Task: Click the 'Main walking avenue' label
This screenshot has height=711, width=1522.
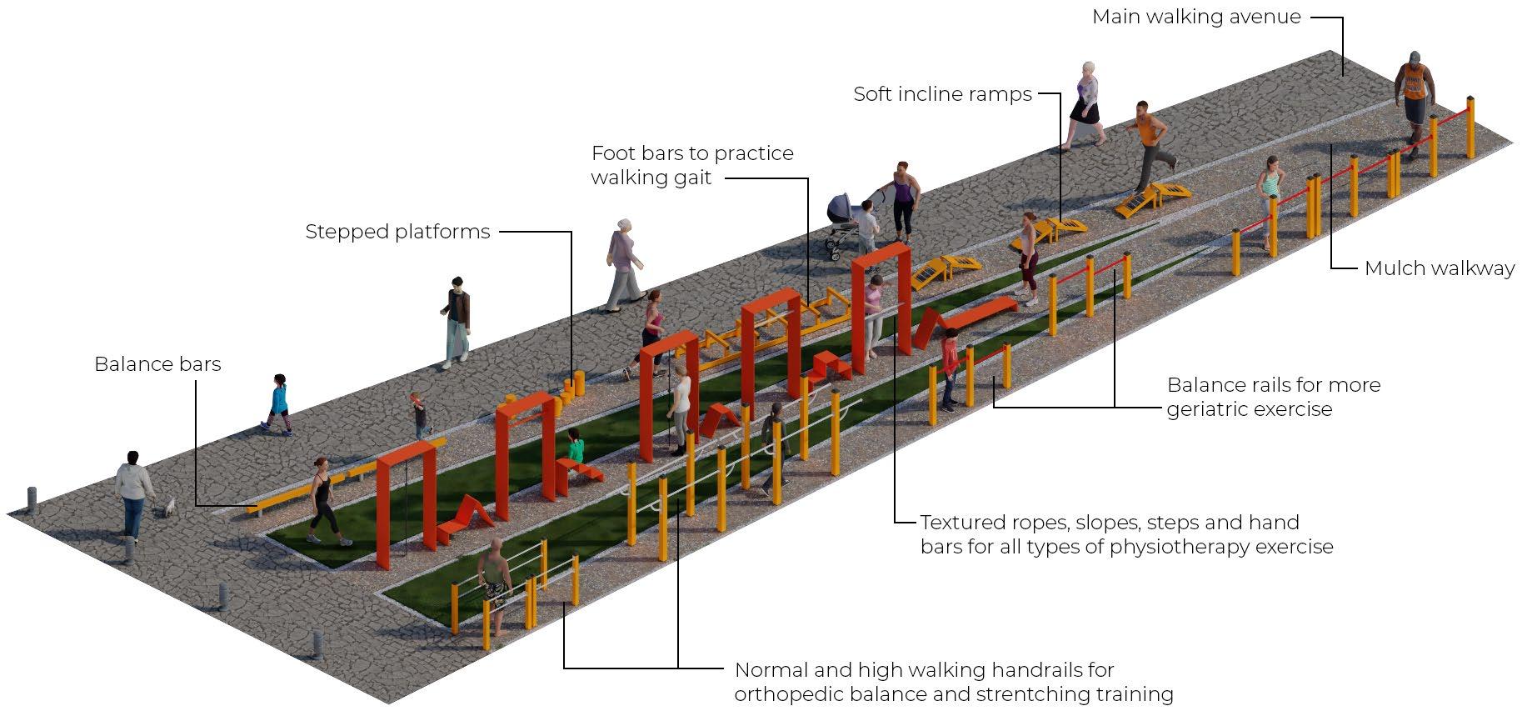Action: pyautogui.click(x=1195, y=18)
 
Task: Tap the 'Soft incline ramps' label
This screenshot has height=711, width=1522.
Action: pyautogui.click(x=942, y=94)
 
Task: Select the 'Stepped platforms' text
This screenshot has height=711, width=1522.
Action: pyautogui.click(x=397, y=232)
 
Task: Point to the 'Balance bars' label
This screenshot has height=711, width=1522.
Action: pyautogui.click(x=157, y=364)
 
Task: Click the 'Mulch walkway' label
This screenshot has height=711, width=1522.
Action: pyautogui.click(x=1439, y=268)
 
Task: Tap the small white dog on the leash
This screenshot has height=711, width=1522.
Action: pyautogui.click(x=169, y=506)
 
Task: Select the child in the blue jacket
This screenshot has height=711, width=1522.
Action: pyautogui.click(x=279, y=403)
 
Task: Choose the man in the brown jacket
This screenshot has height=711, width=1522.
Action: pyautogui.click(x=456, y=321)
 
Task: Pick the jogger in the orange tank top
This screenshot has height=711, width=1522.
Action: pyautogui.click(x=1150, y=143)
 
